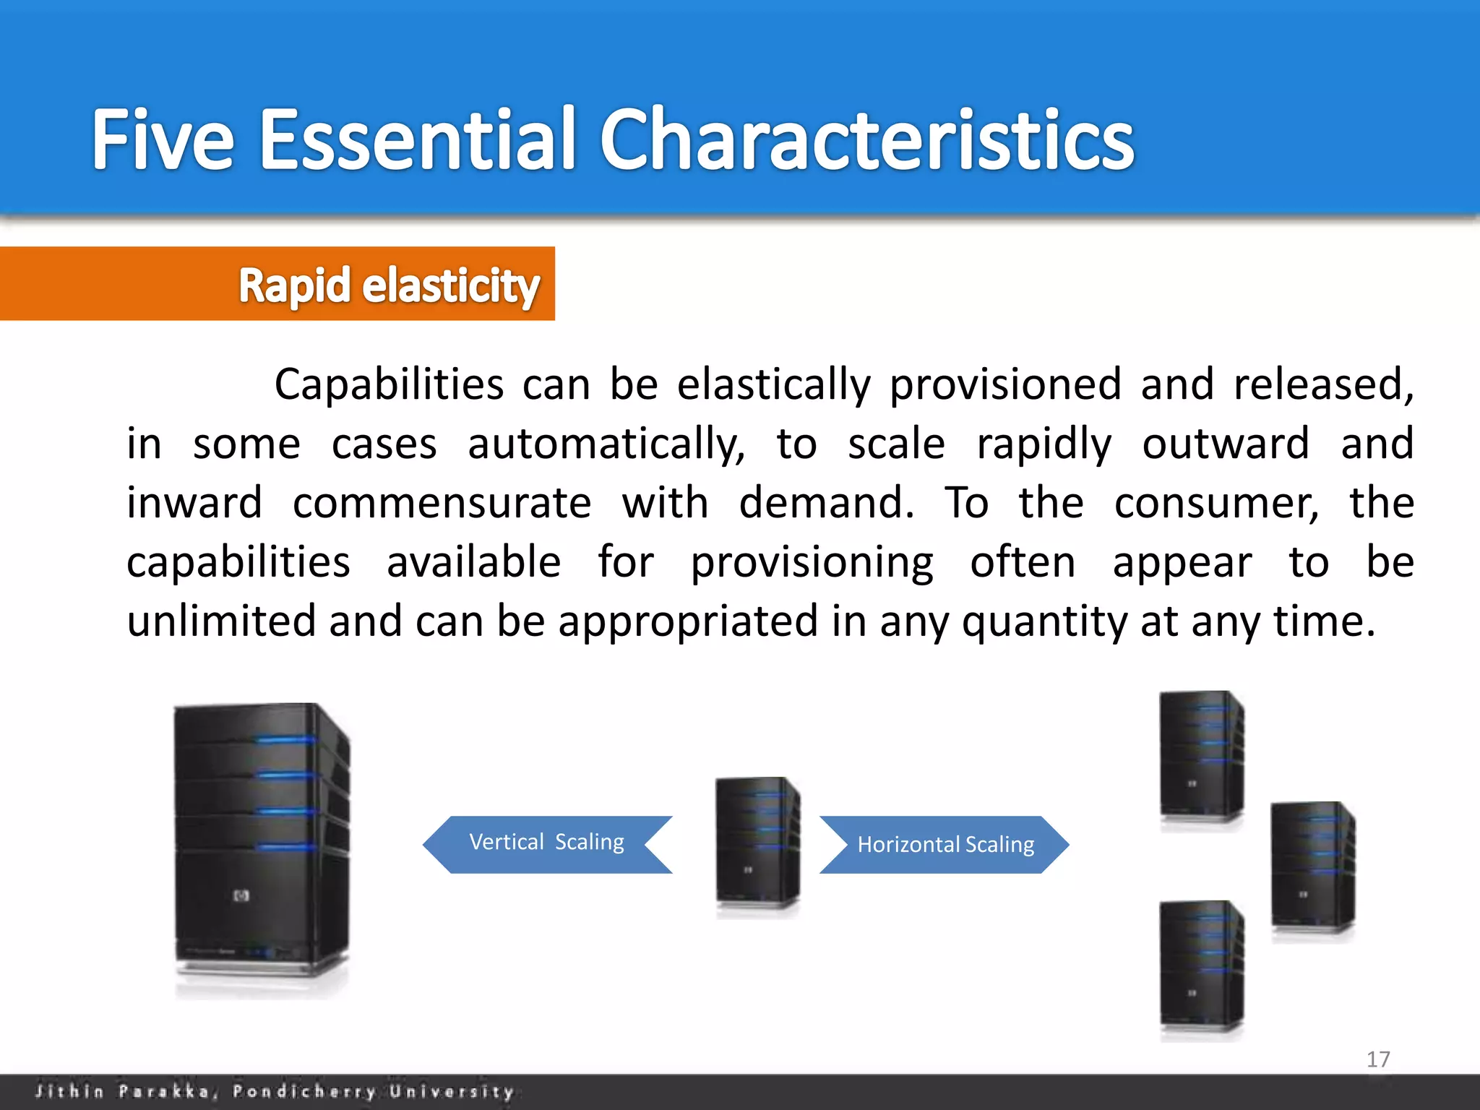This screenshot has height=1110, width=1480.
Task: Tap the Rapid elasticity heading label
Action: pyautogui.click(x=389, y=285)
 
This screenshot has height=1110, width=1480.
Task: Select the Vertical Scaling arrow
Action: pyautogui.click(x=547, y=843)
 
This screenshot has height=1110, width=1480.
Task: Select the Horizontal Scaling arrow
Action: pyautogui.click(x=945, y=844)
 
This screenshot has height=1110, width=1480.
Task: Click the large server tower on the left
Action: pyautogui.click(x=262, y=846)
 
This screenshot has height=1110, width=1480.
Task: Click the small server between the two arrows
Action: pyautogui.click(x=757, y=842)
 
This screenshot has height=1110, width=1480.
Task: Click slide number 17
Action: pyautogui.click(x=1378, y=1059)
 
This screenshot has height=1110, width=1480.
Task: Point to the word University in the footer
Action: pyautogui.click(x=452, y=1091)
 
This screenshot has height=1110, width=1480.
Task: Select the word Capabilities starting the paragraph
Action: pyautogui.click(x=389, y=384)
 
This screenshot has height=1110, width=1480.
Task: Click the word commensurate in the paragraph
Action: pyautogui.click(x=442, y=503)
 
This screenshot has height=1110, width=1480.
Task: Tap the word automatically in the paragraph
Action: pyautogui.click(x=606, y=444)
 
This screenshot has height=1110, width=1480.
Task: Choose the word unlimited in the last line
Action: pyautogui.click(x=221, y=621)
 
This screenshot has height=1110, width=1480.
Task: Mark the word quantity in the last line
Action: pyautogui.click(x=1044, y=621)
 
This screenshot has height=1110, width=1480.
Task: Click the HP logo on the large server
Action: pyautogui.click(x=241, y=896)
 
